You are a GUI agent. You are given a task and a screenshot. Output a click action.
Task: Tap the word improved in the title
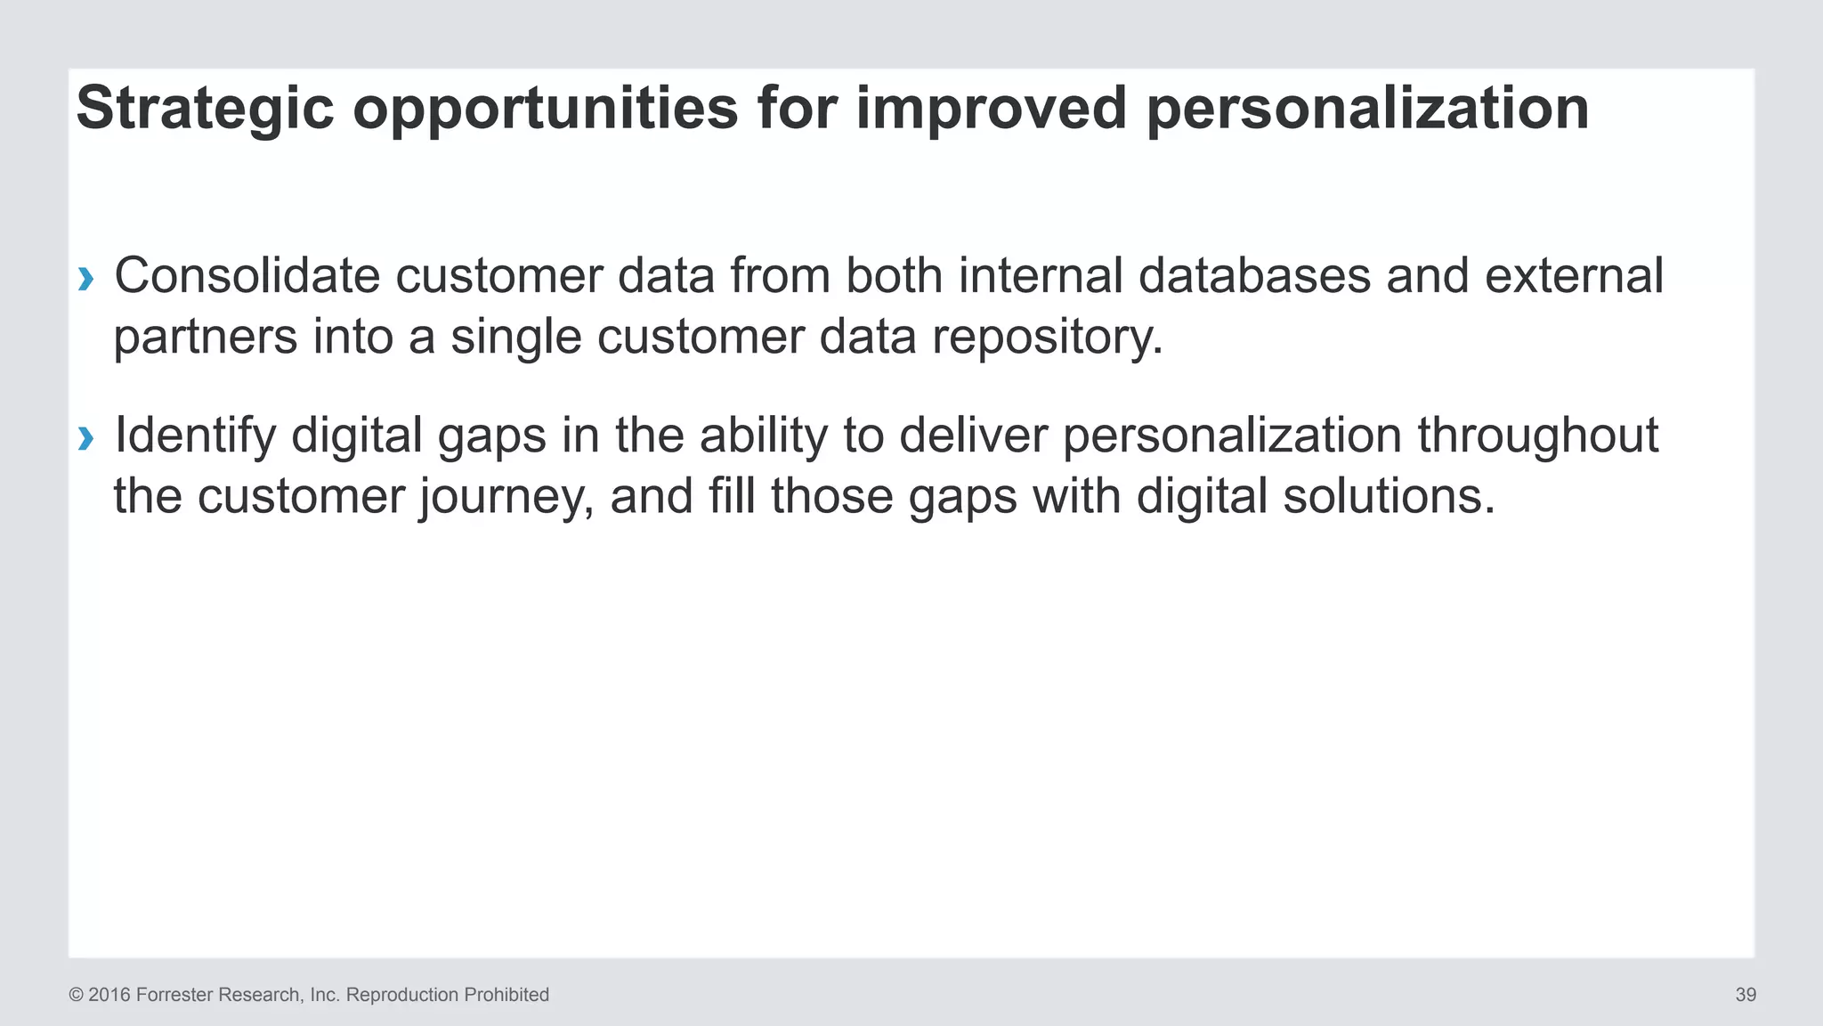click(991, 109)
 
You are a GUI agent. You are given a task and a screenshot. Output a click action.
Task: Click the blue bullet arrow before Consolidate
click(85, 280)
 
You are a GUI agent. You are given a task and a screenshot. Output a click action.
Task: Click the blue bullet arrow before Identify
click(85, 438)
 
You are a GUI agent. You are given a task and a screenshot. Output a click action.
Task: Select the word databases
click(1254, 276)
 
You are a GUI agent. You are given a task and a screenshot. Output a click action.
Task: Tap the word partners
click(205, 338)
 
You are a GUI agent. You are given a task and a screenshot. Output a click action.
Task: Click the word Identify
click(195, 436)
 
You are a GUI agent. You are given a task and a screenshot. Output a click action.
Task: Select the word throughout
click(1537, 436)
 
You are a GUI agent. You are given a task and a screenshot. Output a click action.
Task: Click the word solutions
click(1388, 496)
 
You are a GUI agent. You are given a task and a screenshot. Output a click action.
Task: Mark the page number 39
click(1745, 995)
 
